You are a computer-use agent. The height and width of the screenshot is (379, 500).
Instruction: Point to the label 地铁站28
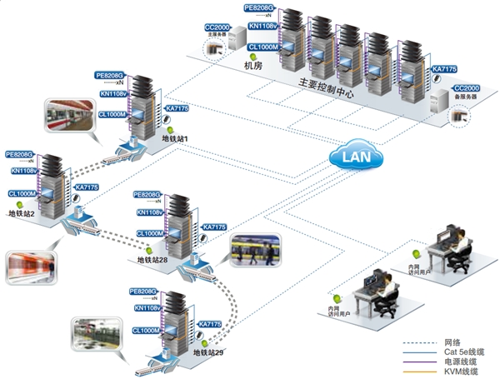[152, 260]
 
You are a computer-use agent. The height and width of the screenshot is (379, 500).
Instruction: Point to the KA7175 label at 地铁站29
[209, 323]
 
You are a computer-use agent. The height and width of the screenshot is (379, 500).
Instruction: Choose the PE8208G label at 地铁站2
[20, 154]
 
